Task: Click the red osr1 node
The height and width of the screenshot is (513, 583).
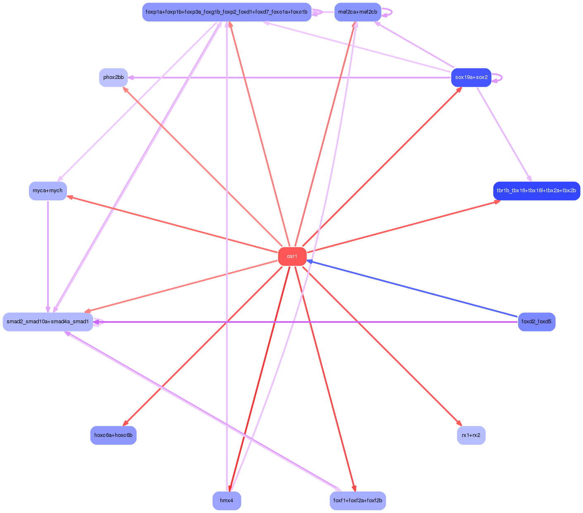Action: (292, 257)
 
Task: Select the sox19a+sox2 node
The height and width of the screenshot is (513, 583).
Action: (471, 77)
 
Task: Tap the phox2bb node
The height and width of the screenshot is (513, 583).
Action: (113, 77)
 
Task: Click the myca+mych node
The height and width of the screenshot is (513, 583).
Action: (48, 191)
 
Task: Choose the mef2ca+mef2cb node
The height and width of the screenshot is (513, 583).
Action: (358, 12)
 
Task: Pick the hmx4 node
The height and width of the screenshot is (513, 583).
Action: (227, 501)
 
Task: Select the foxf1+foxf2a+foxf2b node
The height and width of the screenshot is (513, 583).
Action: (358, 501)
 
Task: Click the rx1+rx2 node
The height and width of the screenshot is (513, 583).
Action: (471, 435)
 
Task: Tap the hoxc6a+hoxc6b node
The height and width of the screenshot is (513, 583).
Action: (113, 435)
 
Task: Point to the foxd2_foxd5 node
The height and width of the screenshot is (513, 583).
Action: (536, 322)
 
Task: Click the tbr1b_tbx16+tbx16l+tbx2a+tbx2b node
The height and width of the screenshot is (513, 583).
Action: (536, 191)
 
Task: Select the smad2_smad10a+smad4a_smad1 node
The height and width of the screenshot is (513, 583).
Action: (48, 322)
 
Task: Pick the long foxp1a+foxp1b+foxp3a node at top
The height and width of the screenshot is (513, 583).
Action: (227, 12)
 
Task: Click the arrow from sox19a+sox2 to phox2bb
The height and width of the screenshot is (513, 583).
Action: (289, 77)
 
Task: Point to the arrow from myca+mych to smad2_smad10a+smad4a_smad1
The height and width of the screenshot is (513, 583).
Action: (48, 256)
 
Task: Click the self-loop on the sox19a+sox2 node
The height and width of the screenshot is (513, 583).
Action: (499, 77)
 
